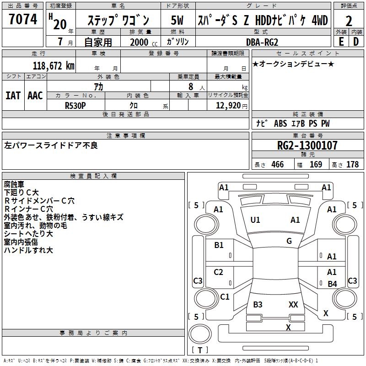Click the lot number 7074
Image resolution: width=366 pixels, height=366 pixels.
coord(23,19)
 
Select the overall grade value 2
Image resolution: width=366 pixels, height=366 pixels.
coord(349,21)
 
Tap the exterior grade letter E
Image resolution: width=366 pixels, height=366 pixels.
coord(341,41)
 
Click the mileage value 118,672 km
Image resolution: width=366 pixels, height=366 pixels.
coord(54,65)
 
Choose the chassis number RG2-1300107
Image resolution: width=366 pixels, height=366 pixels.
coord(307,146)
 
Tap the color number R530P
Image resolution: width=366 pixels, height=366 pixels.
coord(76,105)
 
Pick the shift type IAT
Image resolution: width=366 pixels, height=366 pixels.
coord(13,95)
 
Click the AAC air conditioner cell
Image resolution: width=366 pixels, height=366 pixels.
coord(35,95)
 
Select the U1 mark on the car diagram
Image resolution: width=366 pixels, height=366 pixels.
coord(255,220)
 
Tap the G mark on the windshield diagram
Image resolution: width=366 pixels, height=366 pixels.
coord(289,241)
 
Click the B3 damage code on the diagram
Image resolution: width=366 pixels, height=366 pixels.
coord(258,305)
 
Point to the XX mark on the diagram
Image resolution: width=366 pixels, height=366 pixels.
coord(293,304)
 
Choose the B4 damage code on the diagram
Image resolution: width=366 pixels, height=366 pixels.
coord(332,284)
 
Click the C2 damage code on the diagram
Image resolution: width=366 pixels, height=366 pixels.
coord(219,272)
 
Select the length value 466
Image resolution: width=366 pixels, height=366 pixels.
coord(277,164)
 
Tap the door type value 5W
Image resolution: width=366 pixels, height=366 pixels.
coord(178,21)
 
